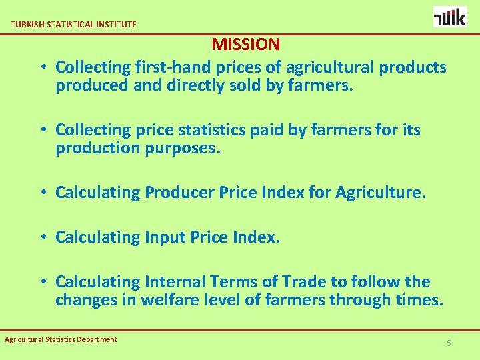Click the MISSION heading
[246, 45]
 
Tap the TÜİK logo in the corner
[450, 16]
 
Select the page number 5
[449, 343]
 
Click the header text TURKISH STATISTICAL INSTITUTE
[73, 24]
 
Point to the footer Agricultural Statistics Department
[61, 339]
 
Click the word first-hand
[168, 67]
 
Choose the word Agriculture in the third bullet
[379, 193]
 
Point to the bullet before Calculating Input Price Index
[42, 237]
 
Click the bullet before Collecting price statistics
[42, 129]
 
